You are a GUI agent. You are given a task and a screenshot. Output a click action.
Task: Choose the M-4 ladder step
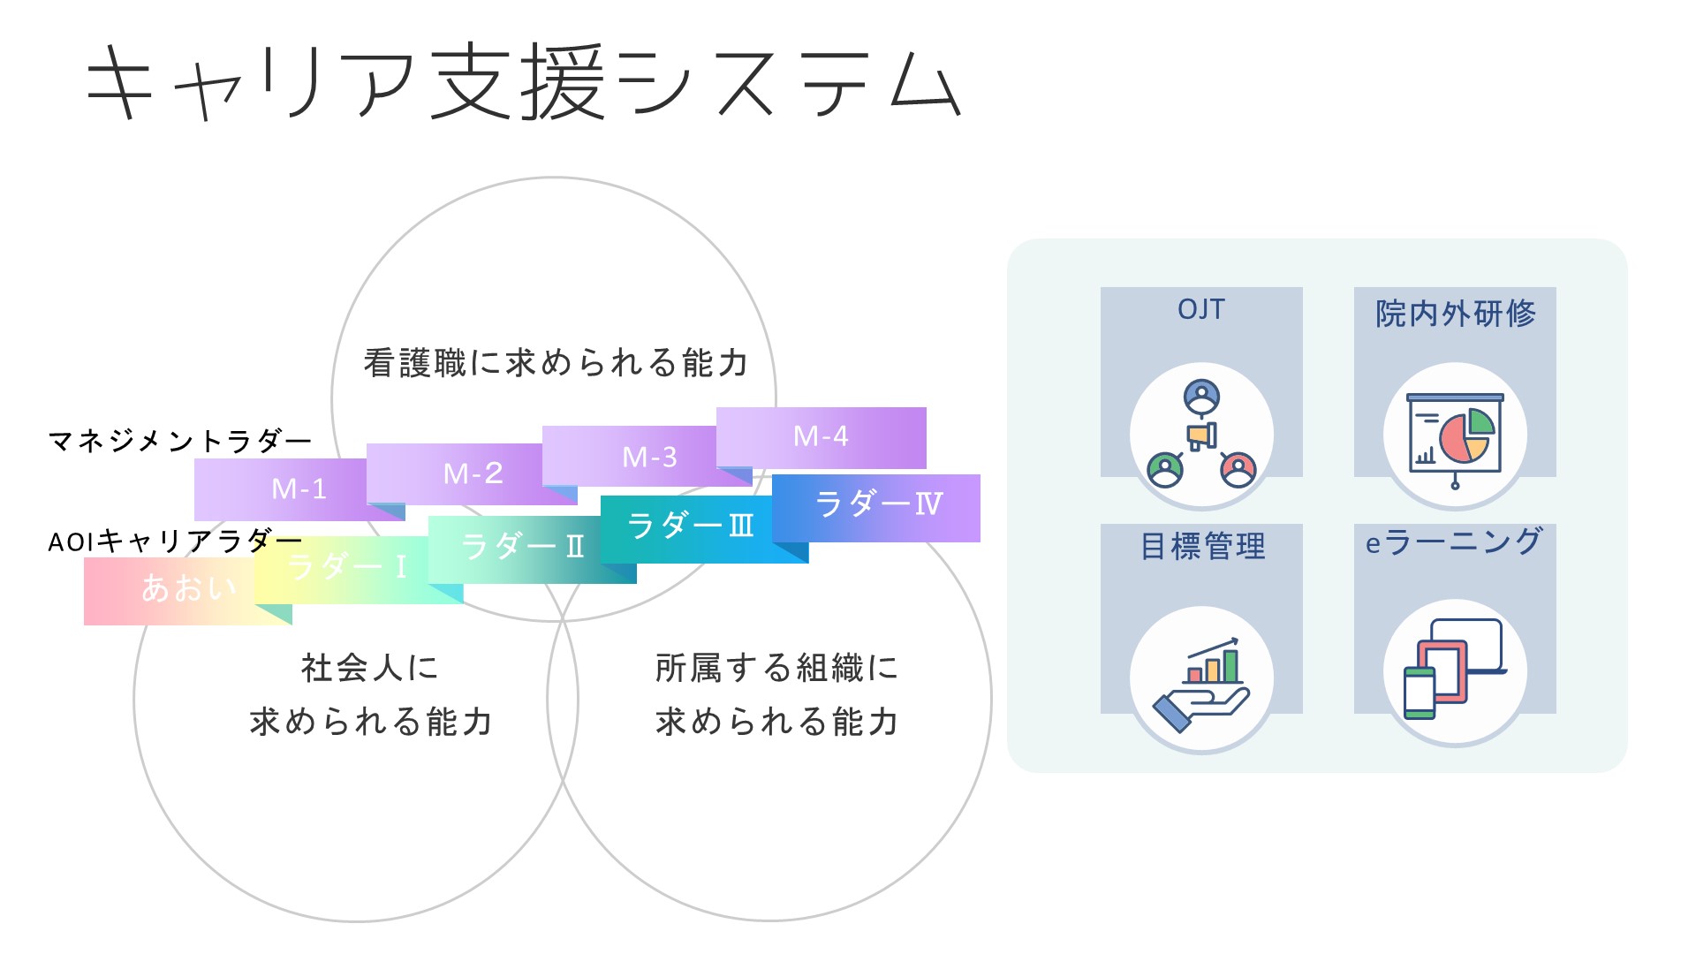click(x=821, y=436)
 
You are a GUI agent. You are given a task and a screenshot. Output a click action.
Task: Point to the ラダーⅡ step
click(x=521, y=547)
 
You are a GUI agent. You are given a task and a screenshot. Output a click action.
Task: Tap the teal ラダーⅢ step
click(x=689, y=526)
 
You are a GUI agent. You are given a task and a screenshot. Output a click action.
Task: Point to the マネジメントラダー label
click(x=179, y=440)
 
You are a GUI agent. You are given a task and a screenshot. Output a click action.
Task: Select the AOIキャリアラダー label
click(x=175, y=541)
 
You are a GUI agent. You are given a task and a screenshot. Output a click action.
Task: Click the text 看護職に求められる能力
click(x=556, y=363)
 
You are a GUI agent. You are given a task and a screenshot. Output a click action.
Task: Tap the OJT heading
click(x=1201, y=310)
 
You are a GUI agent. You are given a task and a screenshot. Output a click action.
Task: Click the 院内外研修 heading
click(x=1455, y=314)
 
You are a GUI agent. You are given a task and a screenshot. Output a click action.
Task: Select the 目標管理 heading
click(x=1202, y=547)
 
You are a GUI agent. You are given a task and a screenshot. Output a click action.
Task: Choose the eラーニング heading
click(x=1453, y=542)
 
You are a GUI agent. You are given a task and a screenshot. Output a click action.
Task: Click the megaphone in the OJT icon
click(x=1201, y=435)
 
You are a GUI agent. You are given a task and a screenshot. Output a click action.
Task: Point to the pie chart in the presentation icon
click(x=1466, y=435)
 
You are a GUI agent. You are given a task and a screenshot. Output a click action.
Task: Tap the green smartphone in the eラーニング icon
click(x=1419, y=693)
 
